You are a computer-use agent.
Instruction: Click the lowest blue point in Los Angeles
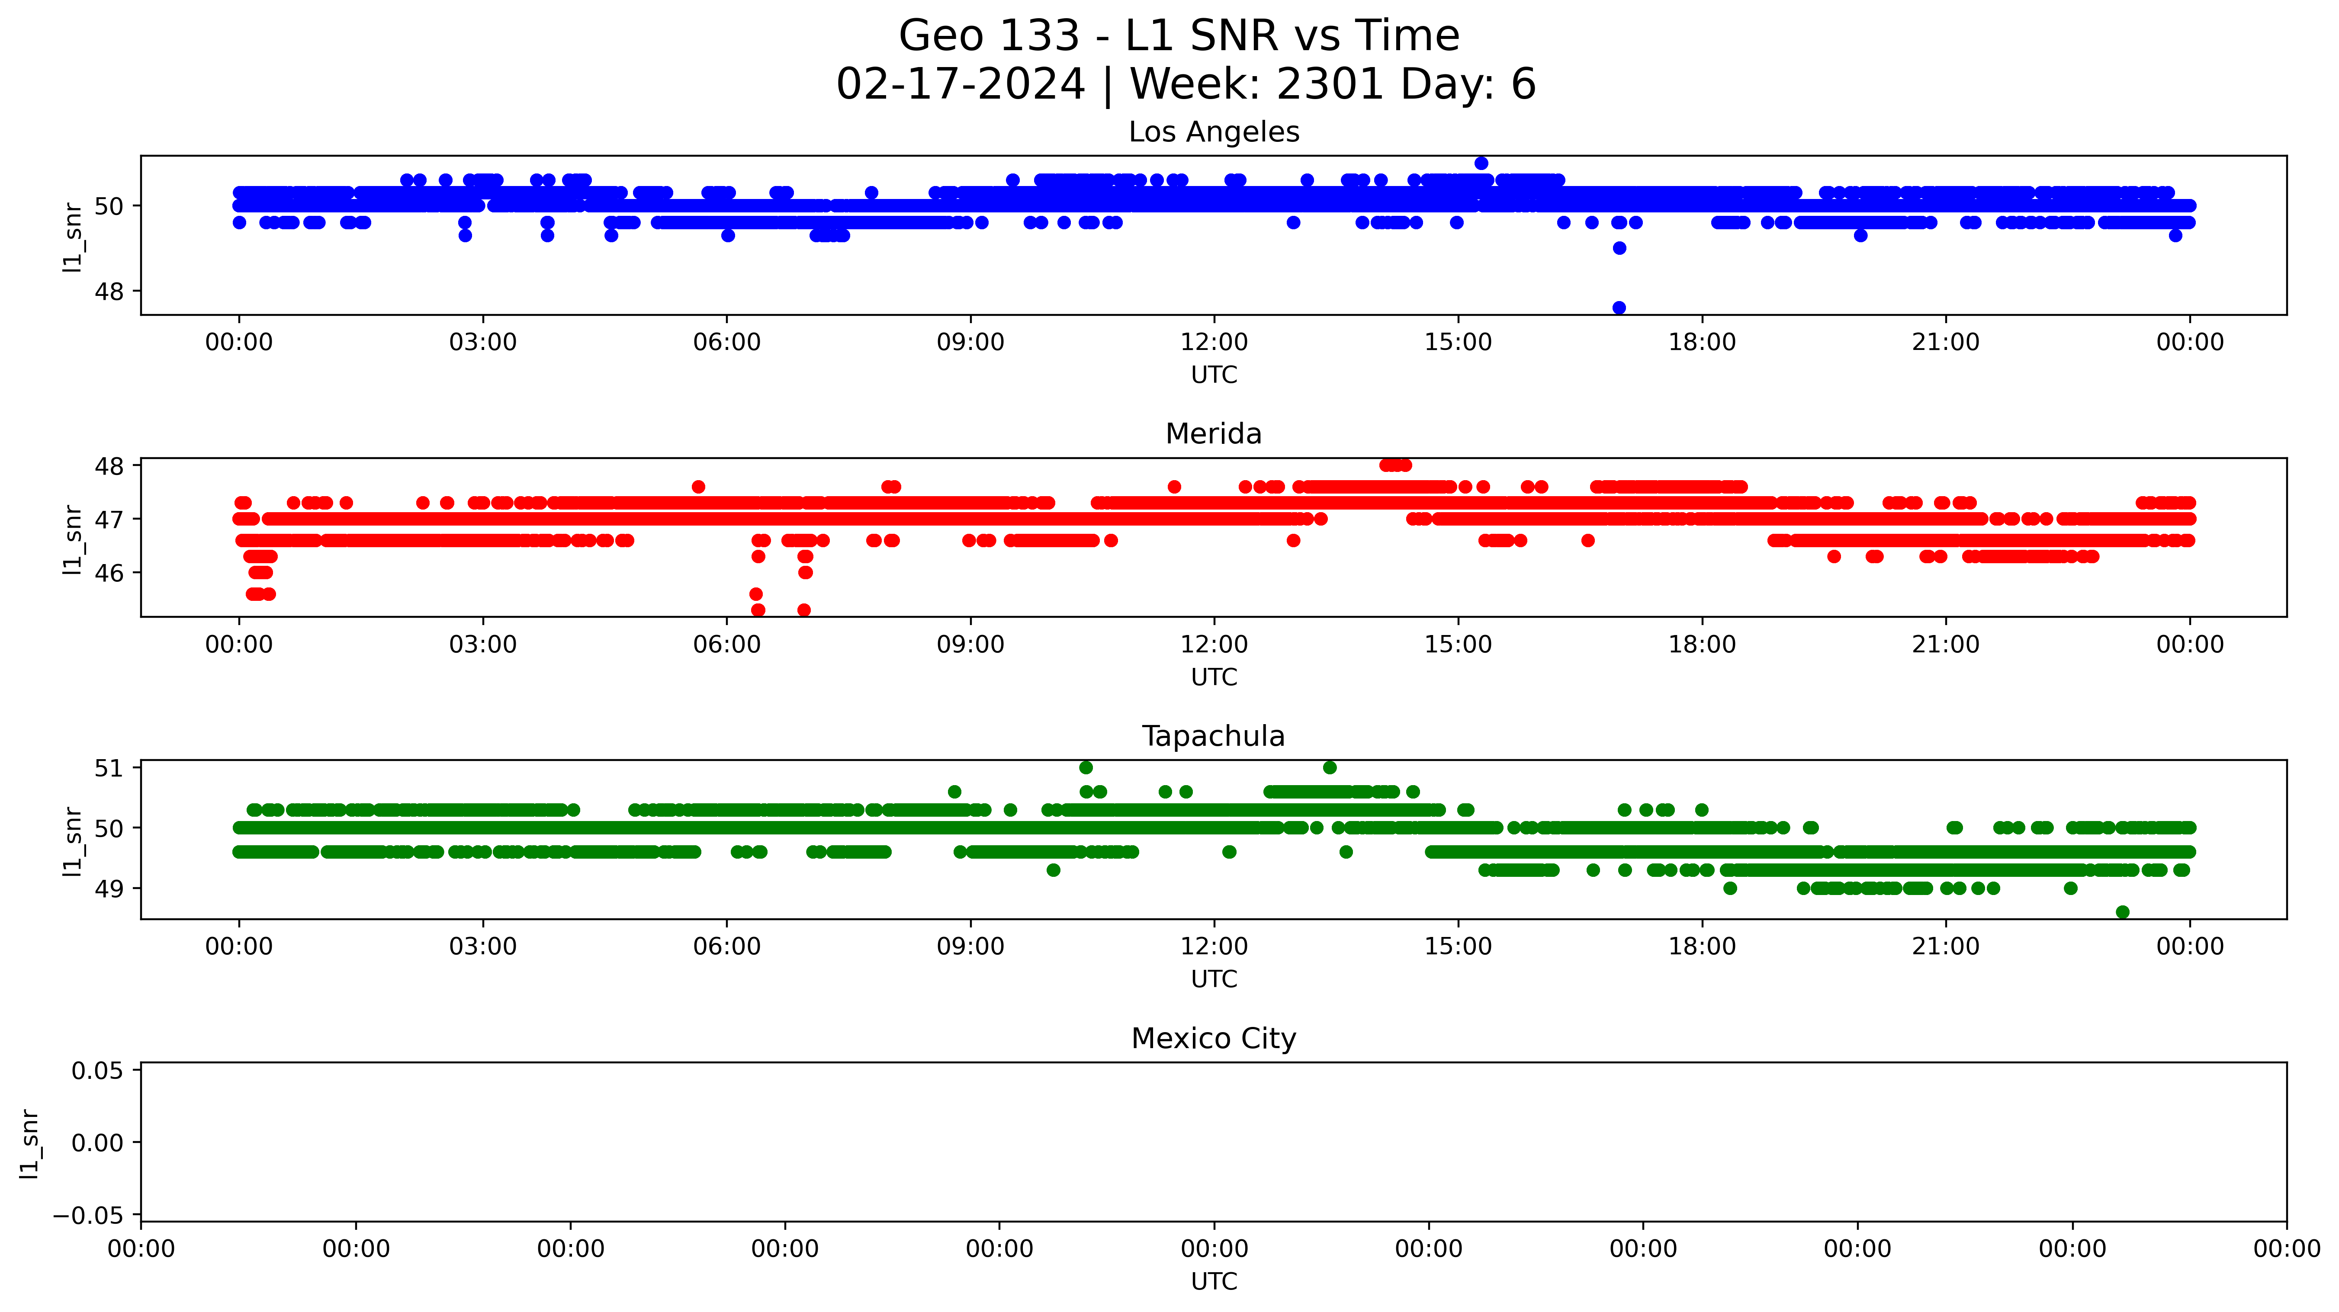coord(1619,308)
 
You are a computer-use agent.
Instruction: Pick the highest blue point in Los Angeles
coord(1481,164)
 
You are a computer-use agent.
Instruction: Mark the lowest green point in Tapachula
coord(2122,911)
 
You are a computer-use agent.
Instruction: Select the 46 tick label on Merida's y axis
coord(109,573)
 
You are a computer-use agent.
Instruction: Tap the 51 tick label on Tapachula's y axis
coord(109,768)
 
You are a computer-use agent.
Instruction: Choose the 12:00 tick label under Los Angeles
coord(1214,342)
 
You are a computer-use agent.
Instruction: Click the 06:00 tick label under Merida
coord(726,645)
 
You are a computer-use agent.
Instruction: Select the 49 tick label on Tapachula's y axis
coord(109,889)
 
